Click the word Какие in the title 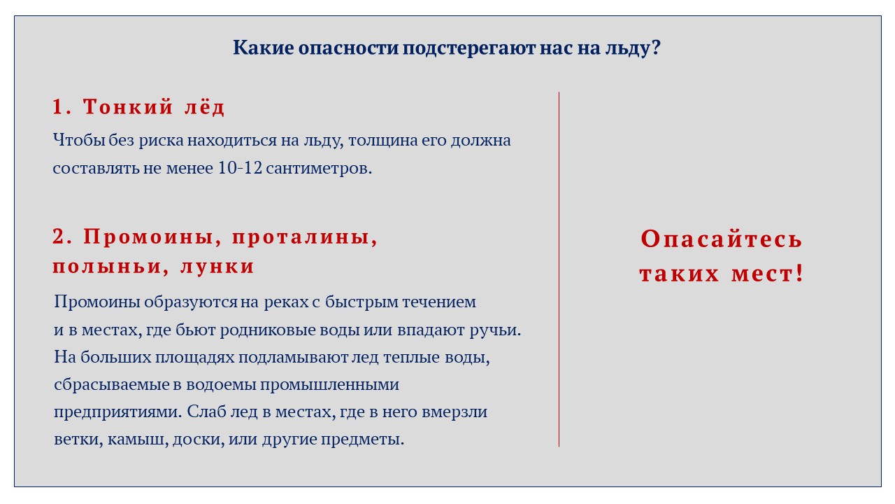point(264,48)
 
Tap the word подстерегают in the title point(468,48)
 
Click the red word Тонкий point(128,107)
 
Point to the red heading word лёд point(205,107)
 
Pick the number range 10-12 point(240,167)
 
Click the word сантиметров point(319,168)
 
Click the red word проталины point(304,237)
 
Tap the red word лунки point(217,267)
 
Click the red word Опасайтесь point(721,239)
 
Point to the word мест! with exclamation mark point(767,274)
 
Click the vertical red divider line point(559,269)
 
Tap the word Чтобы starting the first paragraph point(79,140)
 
